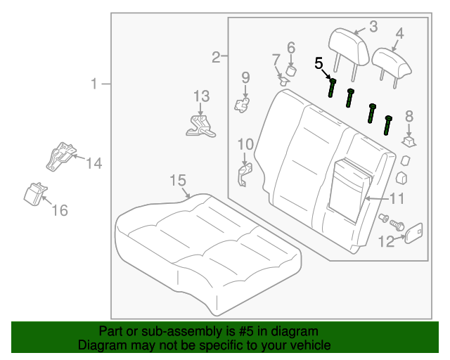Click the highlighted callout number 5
[x=319, y=64]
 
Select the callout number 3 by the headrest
[x=373, y=27]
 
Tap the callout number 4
[x=399, y=32]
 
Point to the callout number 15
[x=177, y=181]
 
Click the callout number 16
[x=60, y=210]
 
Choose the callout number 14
[x=94, y=164]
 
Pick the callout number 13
[x=201, y=96]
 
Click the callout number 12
[x=387, y=242]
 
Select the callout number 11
[x=397, y=198]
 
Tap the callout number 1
[x=94, y=84]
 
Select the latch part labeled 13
[x=201, y=125]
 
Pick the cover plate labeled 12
[x=414, y=232]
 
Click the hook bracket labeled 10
[x=244, y=174]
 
